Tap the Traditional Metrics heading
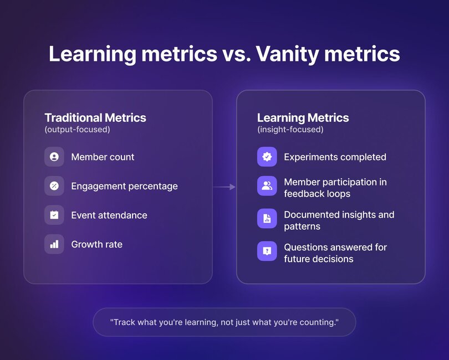click(x=95, y=117)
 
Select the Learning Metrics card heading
click(x=303, y=117)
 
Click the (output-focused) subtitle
click(x=77, y=130)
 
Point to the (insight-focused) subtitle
click(x=290, y=130)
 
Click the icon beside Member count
click(x=54, y=157)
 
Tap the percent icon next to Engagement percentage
click(x=54, y=186)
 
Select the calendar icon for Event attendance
click(x=54, y=215)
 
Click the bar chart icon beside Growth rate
click(x=54, y=244)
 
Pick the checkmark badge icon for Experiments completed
click(x=267, y=157)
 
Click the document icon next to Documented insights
click(x=267, y=219)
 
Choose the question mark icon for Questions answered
click(x=267, y=251)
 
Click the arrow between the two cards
click(x=225, y=187)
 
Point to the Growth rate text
click(x=97, y=244)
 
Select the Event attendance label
click(x=109, y=215)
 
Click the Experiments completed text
click(x=335, y=157)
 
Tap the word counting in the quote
click(x=317, y=322)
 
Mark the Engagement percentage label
click(x=124, y=186)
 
